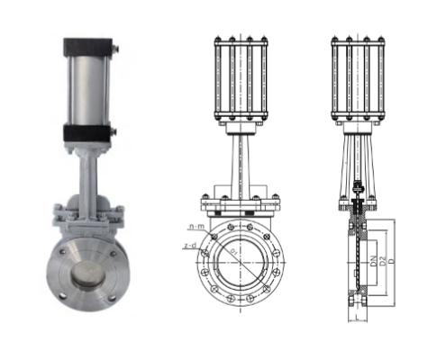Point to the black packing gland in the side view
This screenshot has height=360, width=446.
(x=359, y=191)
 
